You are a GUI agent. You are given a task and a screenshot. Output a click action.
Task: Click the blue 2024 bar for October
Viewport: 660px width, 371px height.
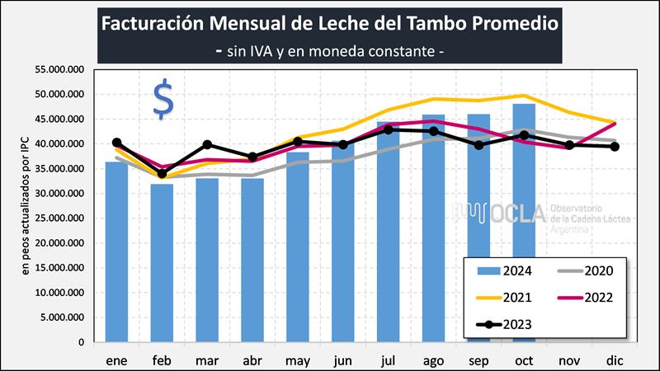pos(525,223)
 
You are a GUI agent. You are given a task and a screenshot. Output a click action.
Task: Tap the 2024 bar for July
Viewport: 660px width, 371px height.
pos(389,232)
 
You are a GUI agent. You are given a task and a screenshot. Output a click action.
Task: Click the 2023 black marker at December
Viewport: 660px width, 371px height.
pos(615,147)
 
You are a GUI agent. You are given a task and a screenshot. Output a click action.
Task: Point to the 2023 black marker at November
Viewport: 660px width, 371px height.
pos(569,145)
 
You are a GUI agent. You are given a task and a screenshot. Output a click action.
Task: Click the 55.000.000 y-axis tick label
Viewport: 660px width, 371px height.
pos(60,70)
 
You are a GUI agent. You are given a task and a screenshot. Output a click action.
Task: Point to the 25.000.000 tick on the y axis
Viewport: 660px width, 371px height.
pos(60,218)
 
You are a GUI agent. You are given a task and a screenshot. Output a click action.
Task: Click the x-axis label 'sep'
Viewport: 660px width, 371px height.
pos(479,361)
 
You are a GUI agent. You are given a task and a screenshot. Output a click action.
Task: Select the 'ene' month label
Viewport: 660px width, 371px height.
pos(116,361)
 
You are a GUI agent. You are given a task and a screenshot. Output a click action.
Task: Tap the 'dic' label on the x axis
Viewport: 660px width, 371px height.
pos(615,361)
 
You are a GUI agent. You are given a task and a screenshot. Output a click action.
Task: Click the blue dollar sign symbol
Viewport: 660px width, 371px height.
pos(163,100)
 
